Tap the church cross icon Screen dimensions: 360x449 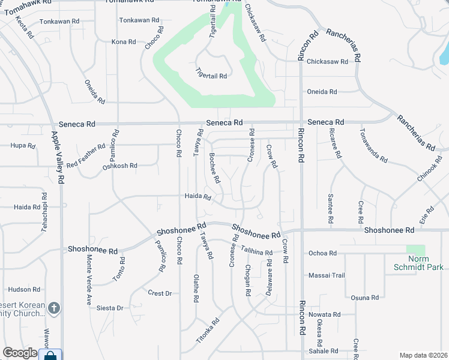point(54,308)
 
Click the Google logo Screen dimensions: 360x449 point(20,353)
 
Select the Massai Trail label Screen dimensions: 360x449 point(327,275)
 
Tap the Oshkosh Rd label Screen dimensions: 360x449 point(121,166)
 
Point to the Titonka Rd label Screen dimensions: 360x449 point(208,331)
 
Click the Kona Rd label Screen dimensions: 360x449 point(124,42)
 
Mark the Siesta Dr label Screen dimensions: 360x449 point(111,308)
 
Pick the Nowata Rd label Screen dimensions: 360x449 point(324,314)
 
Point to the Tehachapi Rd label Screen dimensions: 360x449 point(44,208)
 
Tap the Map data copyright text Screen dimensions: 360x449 point(423,355)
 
